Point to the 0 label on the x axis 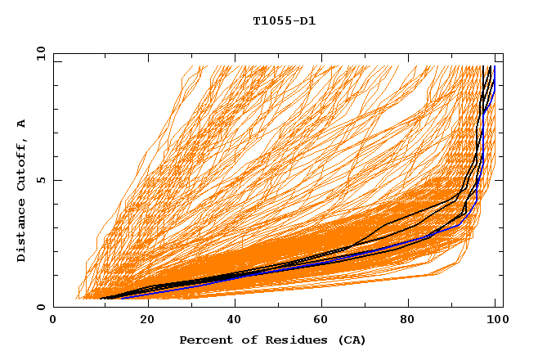point(53,321)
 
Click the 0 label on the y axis point(41,308)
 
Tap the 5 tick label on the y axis point(41,180)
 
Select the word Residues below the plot point(289,340)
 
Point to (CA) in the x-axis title point(350,340)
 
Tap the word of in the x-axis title point(244,340)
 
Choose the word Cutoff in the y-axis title point(21,167)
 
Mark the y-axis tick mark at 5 point(54,180)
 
